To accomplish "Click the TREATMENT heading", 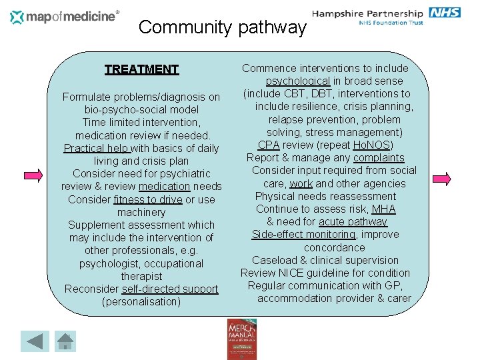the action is pos(141,69).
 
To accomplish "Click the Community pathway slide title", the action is pos(222,27).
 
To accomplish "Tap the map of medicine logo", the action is pos(65,17).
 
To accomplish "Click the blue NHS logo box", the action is pos(445,13).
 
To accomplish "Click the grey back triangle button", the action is pos(35,341).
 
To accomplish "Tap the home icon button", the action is pos(65,341).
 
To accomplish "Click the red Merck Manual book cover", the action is pos(241,339).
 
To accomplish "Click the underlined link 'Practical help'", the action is pos(97,148).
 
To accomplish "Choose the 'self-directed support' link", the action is pos(170,289).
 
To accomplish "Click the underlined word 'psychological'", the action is pos(298,81).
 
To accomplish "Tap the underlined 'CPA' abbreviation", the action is pos(269,145).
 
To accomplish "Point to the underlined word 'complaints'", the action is pos(379,157).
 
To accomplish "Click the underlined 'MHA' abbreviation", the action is pos(383,209).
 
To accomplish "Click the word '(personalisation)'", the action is pos(141,301).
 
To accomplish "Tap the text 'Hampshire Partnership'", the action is pos(367,13).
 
